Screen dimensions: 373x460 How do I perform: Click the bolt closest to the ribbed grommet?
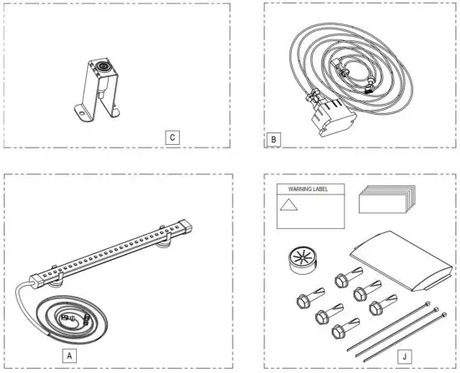(x=303, y=299)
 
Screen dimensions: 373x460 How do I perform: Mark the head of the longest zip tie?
(x=427, y=303)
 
